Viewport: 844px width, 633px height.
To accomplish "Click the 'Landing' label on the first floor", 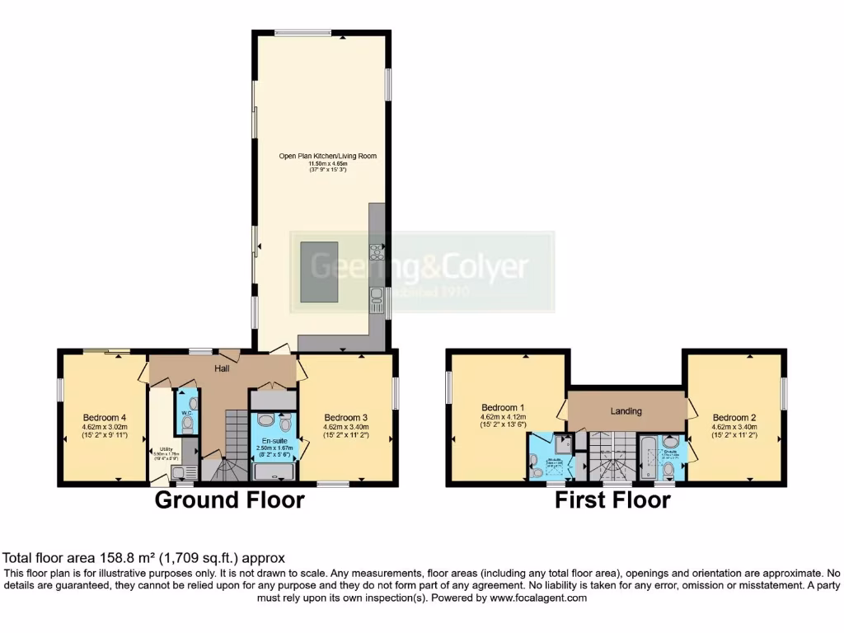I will (626, 410).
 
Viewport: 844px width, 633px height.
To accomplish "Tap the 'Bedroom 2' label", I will (734, 417).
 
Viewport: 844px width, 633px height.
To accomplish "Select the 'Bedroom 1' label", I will (503, 408).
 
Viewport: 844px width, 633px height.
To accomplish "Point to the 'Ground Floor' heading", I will (229, 499).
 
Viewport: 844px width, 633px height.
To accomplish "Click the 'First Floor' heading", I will (612, 499).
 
